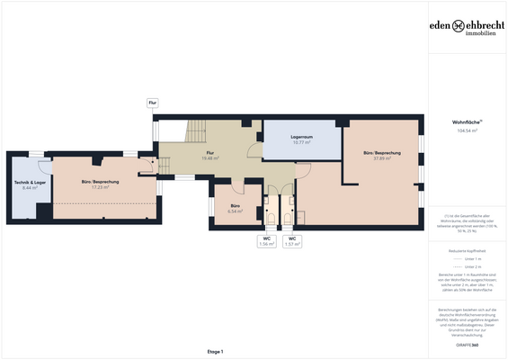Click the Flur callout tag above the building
(153, 103)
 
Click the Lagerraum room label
(300, 137)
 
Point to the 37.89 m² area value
(382, 158)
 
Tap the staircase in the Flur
(196, 135)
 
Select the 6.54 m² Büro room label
(235, 206)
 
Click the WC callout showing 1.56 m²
(267, 241)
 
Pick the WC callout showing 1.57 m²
(292, 241)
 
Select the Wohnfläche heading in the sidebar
(467, 121)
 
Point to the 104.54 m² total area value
(467, 130)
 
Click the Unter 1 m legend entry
(467, 257)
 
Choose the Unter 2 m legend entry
(467, 266)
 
